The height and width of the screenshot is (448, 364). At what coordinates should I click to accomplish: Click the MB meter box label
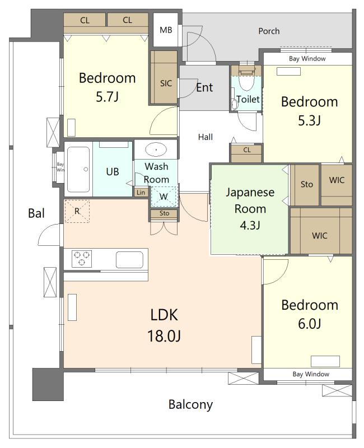click(166, 30)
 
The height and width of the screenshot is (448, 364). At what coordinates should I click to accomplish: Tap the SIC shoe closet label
click(166, 83)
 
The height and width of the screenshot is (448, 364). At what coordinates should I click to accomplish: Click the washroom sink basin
click(156, 149)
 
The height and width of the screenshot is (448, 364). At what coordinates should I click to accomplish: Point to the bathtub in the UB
click(78, 170)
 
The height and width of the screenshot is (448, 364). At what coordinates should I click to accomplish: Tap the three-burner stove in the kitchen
click(82, 259)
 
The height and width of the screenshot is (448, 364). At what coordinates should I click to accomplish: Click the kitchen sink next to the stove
click(129, 259)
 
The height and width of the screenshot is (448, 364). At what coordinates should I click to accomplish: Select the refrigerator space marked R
click(77, 211)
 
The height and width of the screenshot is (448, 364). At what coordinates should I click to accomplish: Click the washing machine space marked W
click(164, 197)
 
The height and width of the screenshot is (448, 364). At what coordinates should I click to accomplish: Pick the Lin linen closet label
click(141, 192)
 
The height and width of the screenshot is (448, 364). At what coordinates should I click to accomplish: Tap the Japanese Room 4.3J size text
click(250, 226)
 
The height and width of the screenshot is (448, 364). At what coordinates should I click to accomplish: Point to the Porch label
click(269, 31)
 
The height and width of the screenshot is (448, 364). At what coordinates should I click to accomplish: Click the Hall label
click(206, 137)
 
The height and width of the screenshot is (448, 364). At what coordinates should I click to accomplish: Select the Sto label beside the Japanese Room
click(306, 184)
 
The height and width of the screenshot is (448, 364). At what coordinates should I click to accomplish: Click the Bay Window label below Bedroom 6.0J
click(311, 374)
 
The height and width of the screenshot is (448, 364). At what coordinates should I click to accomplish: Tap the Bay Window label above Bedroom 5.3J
click(307, 59)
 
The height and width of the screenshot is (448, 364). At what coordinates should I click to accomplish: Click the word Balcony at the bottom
click(190, 404)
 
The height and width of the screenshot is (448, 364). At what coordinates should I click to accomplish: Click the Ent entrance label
click(204, 87)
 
